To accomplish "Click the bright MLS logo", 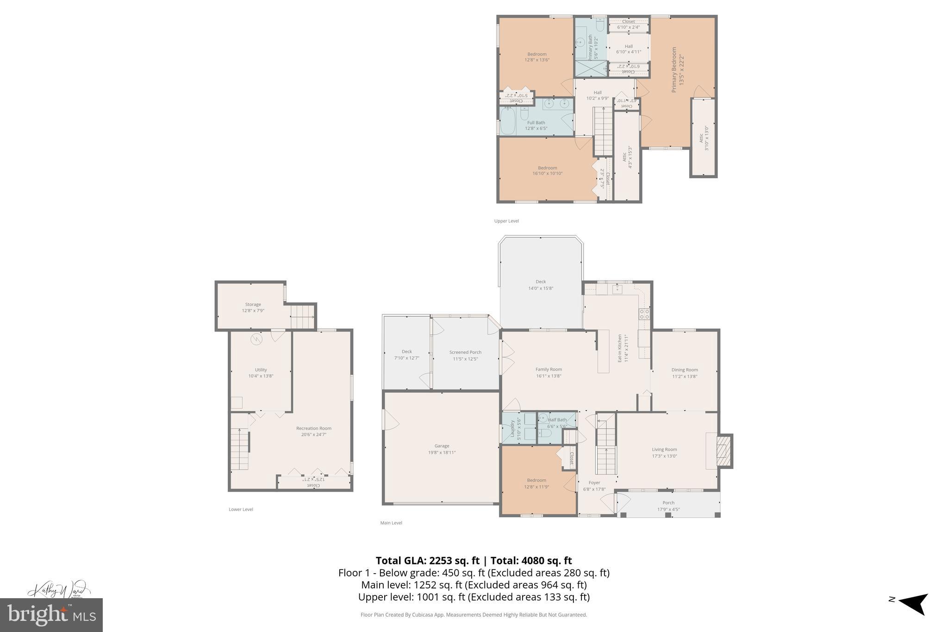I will click(51, 615).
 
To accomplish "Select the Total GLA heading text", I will click(474, 561).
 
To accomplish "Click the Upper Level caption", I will click(506, 221).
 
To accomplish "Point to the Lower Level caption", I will click(241, 509).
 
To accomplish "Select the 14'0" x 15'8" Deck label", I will click(541, 285).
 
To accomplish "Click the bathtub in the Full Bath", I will click(508, 120).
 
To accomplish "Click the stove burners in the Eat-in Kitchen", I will click(644, 314).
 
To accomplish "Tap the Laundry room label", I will click(513, 429).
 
